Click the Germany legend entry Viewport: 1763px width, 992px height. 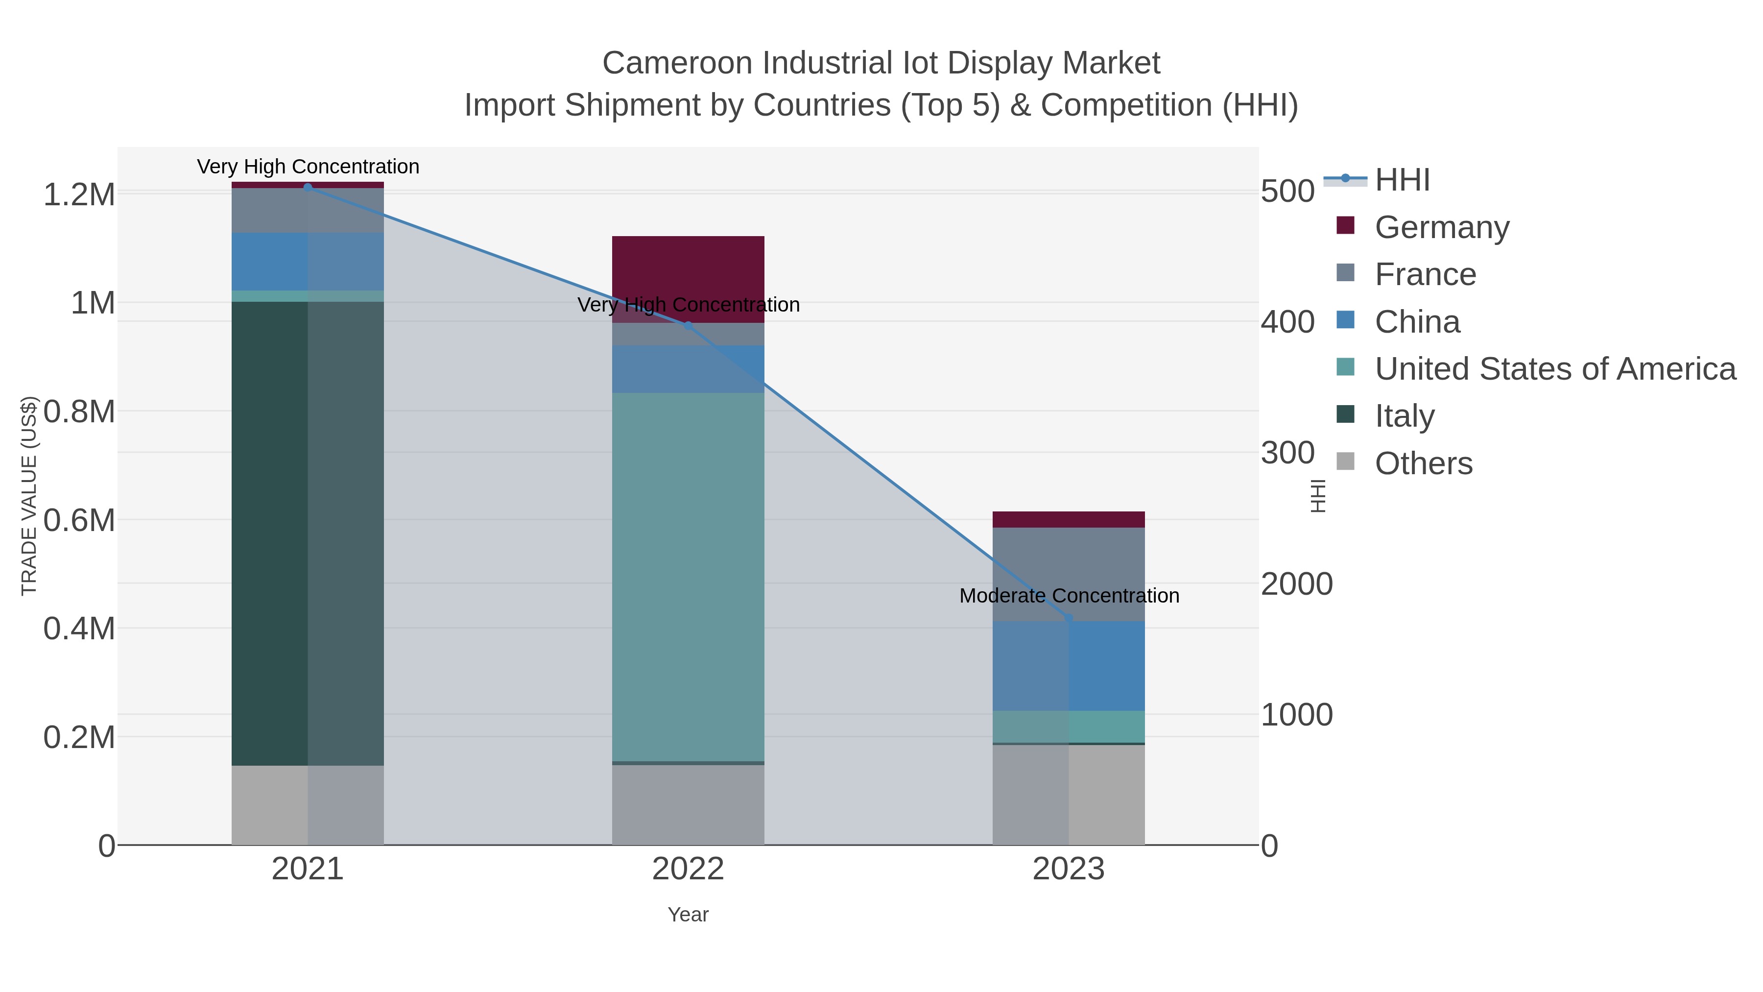1441,227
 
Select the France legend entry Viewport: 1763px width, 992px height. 1425,274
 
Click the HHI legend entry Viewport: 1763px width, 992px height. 1402,180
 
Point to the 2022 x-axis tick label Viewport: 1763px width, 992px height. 688,870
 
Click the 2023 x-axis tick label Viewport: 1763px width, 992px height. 1069,870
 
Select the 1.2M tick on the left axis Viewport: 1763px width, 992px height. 79,195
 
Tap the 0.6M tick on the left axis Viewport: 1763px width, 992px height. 79,520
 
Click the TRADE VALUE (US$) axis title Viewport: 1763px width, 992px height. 29,496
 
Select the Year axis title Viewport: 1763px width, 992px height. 688,915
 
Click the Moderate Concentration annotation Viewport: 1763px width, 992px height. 1069,596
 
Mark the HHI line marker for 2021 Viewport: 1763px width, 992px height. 308,187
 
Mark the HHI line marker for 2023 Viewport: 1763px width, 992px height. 1069,619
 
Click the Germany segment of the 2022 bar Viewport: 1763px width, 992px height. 688,274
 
